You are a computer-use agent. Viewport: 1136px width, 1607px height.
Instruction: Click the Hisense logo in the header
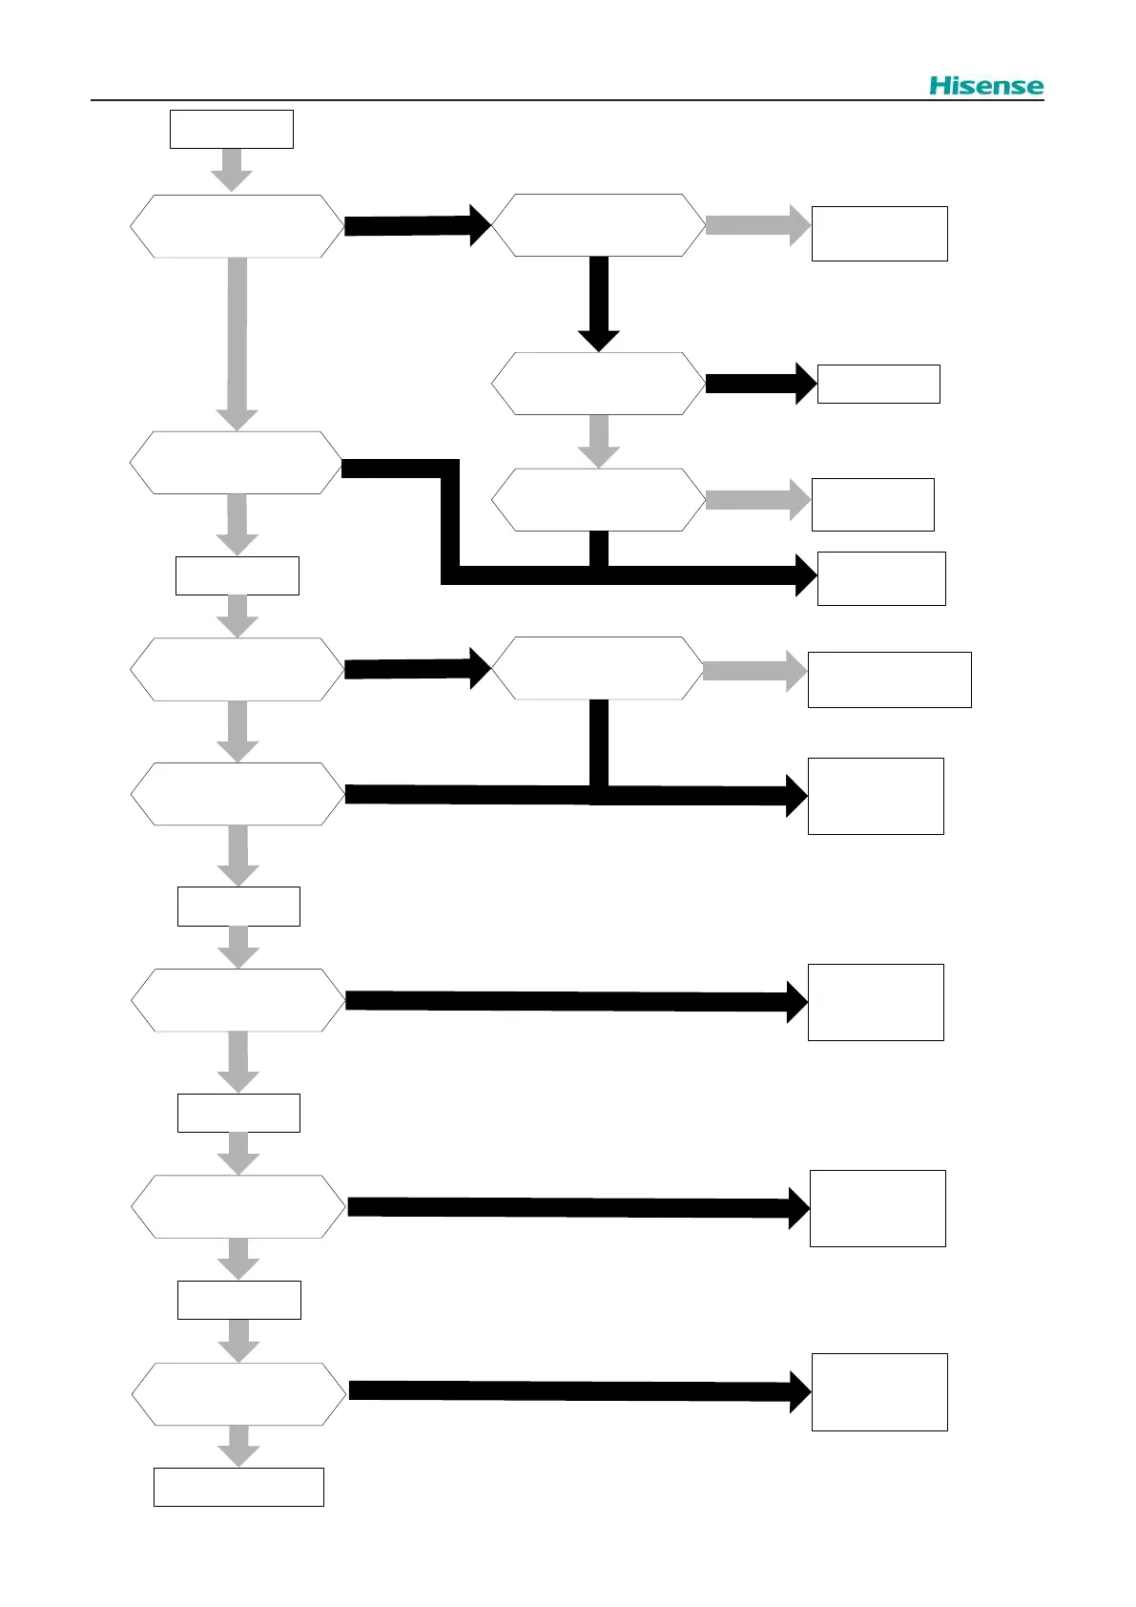(x=986, y=86)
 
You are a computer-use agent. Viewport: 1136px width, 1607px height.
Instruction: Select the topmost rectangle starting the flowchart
(x=231, y=129)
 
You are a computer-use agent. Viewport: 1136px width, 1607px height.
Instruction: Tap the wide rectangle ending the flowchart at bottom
(x=238, y=1487)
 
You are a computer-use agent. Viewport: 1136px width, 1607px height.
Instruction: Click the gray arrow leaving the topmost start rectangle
(x=231, y=170)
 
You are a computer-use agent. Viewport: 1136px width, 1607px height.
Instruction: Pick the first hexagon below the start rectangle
(x=237, y=226)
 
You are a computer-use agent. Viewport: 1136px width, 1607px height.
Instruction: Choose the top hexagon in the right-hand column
(x=598, y=225)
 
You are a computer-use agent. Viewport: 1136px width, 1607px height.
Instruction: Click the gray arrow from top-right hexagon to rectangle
(x=757, y=225)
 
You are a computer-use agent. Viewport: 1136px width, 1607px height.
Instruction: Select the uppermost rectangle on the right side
(x=878, y=234)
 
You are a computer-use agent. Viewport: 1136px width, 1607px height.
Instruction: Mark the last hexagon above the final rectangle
(x=238, y=1394)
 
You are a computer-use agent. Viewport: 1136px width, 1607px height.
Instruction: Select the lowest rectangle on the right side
(x=878, y=1391)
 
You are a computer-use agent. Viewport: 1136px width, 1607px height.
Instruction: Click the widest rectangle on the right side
(x=889, y=679)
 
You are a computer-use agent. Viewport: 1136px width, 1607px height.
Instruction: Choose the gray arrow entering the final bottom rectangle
(x=238, y=1446)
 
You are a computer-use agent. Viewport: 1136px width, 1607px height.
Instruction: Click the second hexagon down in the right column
(x=598, y=384)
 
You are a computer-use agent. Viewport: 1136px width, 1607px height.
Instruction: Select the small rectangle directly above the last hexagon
(x=238, y=1300)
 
